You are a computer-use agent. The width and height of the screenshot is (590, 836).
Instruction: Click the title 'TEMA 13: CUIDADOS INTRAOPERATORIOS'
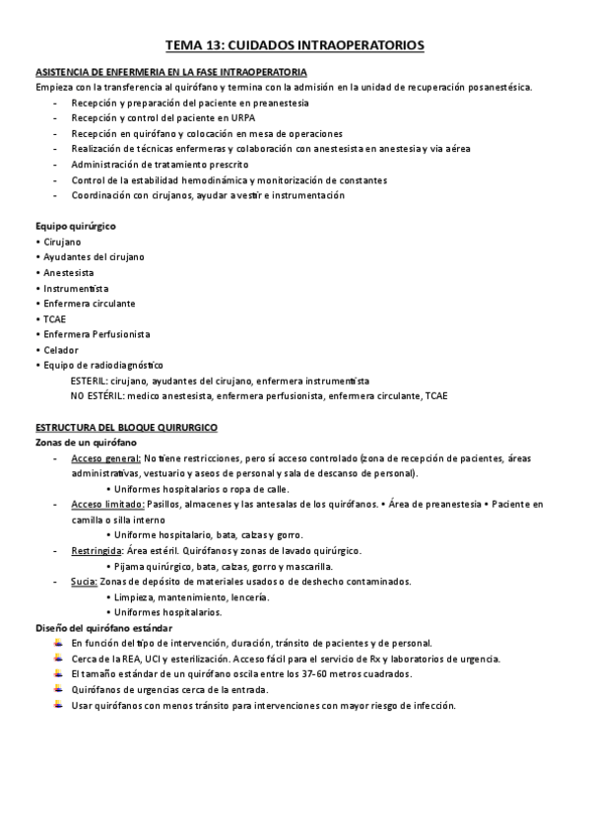[295, 45]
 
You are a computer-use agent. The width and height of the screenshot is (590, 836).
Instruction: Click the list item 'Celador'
[60, 350]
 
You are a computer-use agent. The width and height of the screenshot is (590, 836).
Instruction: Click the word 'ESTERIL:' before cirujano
[91, 381]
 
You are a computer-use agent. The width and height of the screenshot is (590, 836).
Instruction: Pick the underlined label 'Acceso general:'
[106, 458]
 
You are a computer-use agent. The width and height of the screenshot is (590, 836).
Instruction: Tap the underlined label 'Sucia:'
[84, 582]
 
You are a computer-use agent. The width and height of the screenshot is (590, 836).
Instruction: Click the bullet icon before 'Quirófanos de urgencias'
[60, 689]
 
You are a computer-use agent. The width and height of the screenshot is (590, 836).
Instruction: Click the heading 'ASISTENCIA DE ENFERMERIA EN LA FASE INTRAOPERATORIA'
[170, 72]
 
